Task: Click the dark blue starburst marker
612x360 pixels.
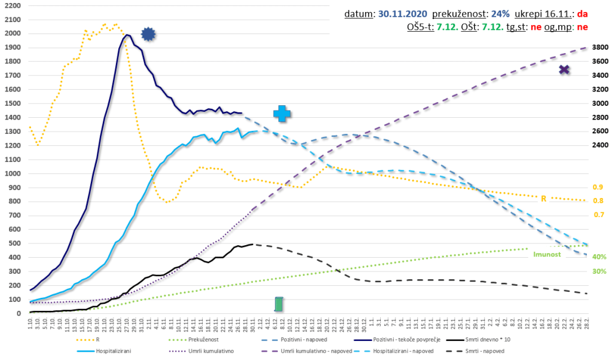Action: coord(148,35)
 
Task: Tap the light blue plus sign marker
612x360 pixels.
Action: coord(283,114)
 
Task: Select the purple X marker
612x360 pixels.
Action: coord(564,70)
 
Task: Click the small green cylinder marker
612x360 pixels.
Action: coord(279,304)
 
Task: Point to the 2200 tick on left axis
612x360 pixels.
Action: coord(12,5)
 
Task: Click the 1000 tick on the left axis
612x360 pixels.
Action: coord(12,173)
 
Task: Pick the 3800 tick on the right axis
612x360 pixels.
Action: coord(599,47)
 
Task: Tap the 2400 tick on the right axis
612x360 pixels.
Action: coord(599,145)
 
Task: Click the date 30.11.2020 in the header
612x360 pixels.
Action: coord(403,13)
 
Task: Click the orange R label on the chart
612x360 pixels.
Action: coord(544,198)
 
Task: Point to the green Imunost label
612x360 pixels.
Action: coord(546,254)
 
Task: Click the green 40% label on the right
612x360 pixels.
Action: coord(599,257)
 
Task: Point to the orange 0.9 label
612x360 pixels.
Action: coord(598,187)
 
